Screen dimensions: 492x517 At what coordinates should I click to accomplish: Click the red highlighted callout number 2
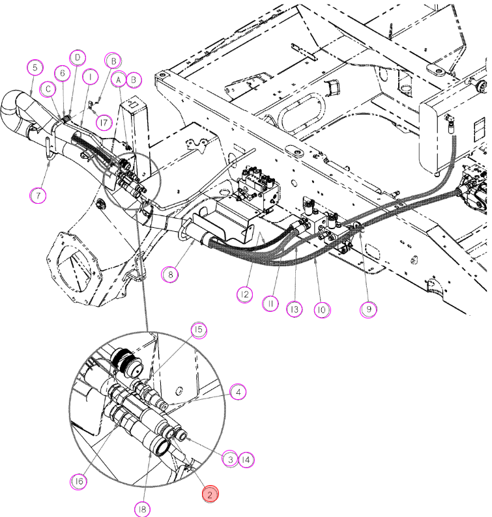tap(210, 494)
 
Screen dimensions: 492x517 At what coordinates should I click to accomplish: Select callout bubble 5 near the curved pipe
tap(35, 68)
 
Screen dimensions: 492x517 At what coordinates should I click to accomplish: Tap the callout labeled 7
tap(38, 195)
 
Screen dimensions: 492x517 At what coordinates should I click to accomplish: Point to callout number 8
tap(170, 274)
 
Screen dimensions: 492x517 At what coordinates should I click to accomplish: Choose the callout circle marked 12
tap(245, 294)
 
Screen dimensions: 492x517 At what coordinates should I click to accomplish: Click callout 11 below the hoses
tap(270, 303)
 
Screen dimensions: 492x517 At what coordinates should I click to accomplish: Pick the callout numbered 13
tap(295, 309)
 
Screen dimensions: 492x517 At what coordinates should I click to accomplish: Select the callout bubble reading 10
tap(322, 309)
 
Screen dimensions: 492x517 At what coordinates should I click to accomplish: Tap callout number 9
tap(368, 309)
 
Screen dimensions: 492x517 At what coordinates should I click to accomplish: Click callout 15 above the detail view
tap(199, 329)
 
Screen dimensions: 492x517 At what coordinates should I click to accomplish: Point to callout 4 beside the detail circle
tap(239, 392)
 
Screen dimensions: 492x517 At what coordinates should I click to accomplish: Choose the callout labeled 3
tap(229, 459)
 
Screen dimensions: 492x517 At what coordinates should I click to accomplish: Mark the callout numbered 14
tap(246, 459)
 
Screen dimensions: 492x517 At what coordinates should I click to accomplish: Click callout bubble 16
tap(79, 481)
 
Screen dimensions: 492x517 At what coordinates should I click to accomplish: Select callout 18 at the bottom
tap(142, 509)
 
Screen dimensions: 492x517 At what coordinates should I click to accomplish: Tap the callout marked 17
tap(104, 122)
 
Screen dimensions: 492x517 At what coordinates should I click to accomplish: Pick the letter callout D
tap(78, 58)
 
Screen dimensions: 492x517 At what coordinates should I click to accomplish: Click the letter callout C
tap(48, 89)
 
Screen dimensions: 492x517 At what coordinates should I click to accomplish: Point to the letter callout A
tap(119, 79)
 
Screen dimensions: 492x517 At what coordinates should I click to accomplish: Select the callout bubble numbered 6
tap(63, 73)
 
